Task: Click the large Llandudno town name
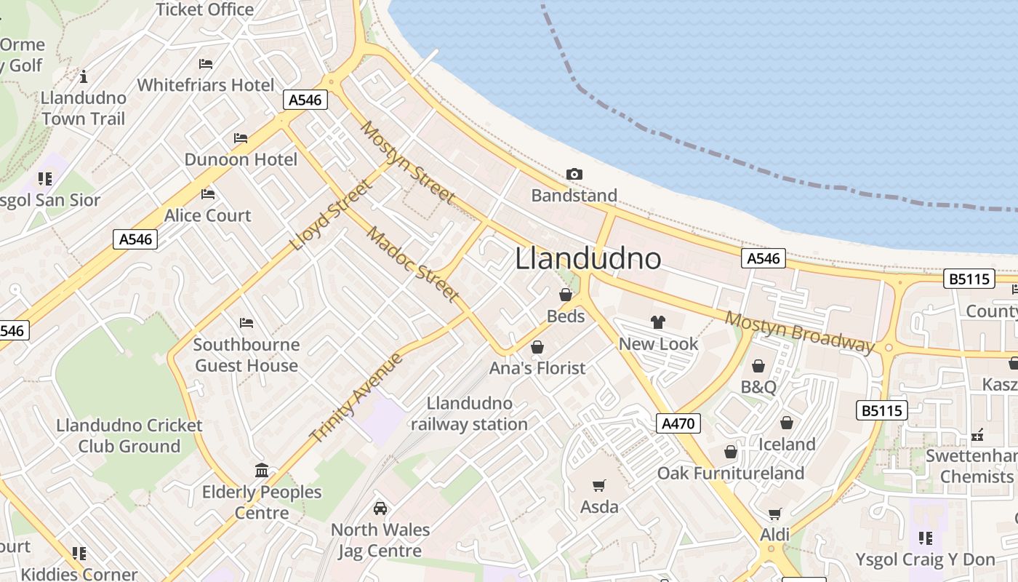588,259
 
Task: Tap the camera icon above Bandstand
574,174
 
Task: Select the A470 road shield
678,423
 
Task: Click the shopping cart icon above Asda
599,485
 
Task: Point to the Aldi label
774,535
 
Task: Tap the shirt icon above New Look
658,322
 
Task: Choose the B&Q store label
758,386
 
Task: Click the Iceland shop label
787,444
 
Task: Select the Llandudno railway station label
469,413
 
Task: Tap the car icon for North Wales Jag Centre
380,508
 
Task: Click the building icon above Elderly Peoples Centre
262,470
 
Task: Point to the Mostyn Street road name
408,164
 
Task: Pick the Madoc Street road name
412,264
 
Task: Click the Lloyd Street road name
332,215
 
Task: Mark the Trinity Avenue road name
356,397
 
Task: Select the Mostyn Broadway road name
799,332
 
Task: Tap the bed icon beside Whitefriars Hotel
206,64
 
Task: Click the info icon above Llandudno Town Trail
84,76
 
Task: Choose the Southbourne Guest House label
247,354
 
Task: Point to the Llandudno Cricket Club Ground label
129,435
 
